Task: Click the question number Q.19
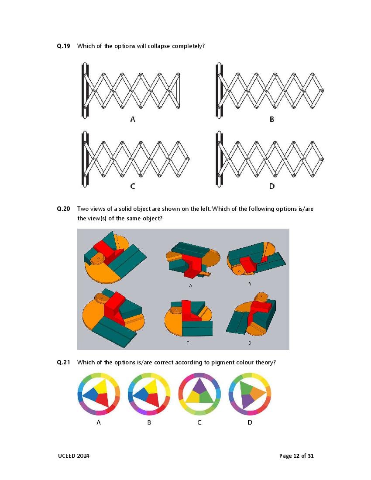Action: pyautogui.click(x=63, y=46)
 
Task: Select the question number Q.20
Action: pyautogui.click(x=63, y=209)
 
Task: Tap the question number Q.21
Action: pyautogui.click(x=63, y=363)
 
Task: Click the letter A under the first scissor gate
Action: pyautogui.click(x=133, y=119)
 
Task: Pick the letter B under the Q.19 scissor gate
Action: pyautogui.click(x=272, y=119)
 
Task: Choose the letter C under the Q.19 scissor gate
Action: pyautogui.click(x=133, y=186)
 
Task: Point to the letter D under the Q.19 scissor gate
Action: pyautogui.click(x=272, y=186)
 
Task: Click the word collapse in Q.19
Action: pyautogui.click(x=158, y=46)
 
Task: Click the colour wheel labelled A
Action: pyautogui.click(x=99, y=394)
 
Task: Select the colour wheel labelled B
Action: pyautogui.click(x=149, y=394)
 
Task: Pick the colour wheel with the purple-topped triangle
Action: pyautogui.click(x=199, y=394)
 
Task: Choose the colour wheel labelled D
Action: pyautogui.click(x=250, y=394)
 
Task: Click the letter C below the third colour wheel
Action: pyautogui.click(x=199, y=422)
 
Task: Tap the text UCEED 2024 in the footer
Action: pyautogui.click(x=73, y=456)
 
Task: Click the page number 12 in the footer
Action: pyautogui.click(x=296, y=456)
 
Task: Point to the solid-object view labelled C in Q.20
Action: pyautogui.click(x=188, y=319)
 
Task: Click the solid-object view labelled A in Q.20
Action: pyautogui.click(x=192, y=260)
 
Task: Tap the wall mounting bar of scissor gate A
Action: pyautogui.click(x=85, y=90)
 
